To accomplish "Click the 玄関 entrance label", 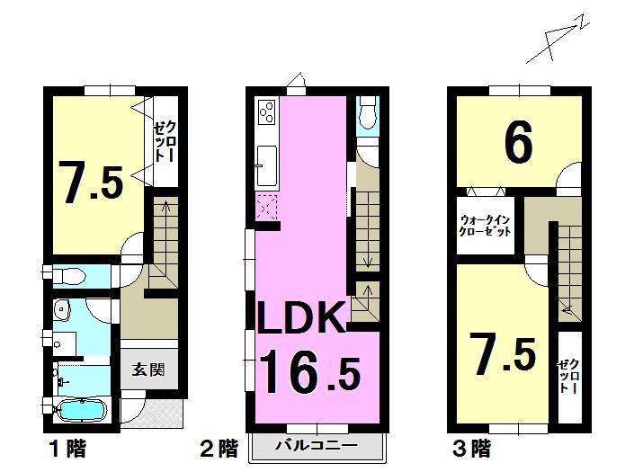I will [x=148, y=370].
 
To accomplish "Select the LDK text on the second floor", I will [x=303, y=318].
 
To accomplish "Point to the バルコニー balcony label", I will [x=317, y=445].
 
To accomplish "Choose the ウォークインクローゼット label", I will [x=486, y=225].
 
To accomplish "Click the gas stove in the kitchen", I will [x=268, y=113].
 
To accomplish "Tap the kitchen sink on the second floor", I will [x=267, y=164].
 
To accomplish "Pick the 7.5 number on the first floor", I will [x=91, y=181].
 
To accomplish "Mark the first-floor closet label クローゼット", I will [x=164, y=142].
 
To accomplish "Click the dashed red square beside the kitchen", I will [x=267, y=206].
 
